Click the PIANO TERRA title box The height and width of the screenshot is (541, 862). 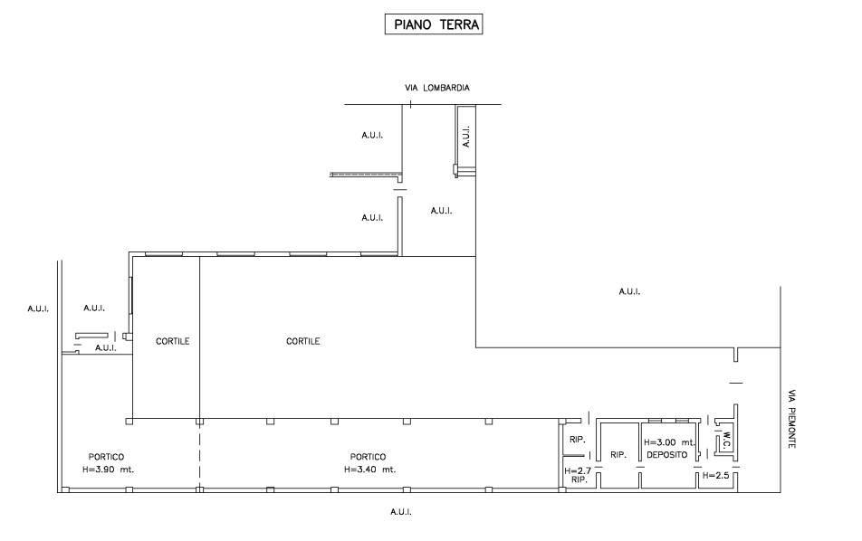point(433,24)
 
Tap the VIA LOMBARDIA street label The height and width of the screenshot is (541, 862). point(437,88)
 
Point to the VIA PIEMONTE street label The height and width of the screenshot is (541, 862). point(791,419)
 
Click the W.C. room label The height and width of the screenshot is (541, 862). point(726,440)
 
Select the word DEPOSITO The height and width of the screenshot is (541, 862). point(666,455)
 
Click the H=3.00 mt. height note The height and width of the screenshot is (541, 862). point(669,442)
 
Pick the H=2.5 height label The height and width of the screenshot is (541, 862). point(715,476)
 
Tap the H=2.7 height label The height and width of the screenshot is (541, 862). point(578,470)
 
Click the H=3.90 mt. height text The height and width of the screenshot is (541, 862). point(109,470)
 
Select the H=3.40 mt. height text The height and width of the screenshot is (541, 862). point(370,470)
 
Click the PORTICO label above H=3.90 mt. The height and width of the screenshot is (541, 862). point(106,457)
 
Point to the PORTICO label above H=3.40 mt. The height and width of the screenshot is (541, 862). point(368,457)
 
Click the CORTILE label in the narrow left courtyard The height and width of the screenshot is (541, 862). point(173,341)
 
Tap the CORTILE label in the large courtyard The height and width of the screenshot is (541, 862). point(303,341)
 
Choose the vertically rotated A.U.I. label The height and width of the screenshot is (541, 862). point(466,137)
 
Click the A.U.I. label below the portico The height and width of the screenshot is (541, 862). point(401,512)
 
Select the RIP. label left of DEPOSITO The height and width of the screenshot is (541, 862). point(618,455)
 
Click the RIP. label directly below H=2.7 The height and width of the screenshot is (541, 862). point(579,480)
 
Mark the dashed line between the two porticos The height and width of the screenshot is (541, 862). point(199,455)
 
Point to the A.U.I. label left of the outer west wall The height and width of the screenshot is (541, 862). point(38,308)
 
